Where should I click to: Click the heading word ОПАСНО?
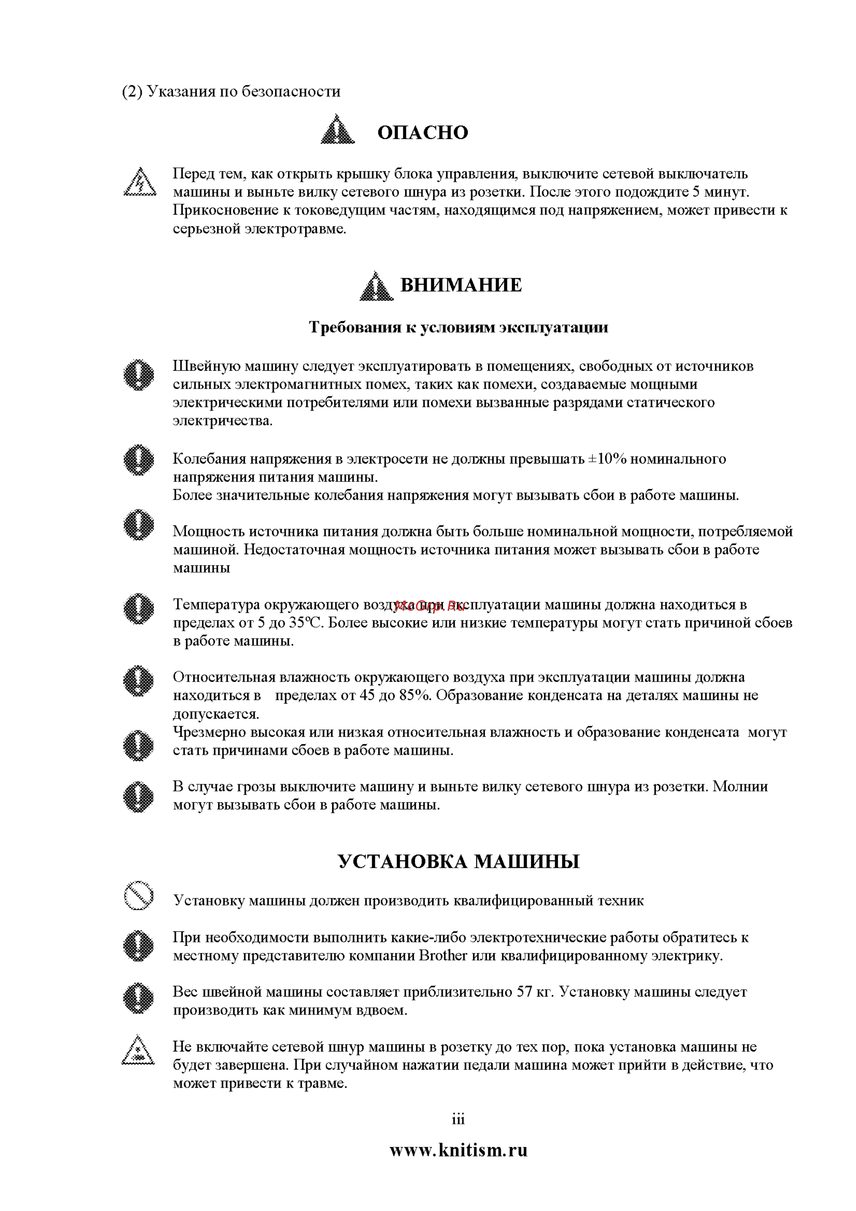pos(422,132)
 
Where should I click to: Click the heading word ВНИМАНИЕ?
pos(461,285)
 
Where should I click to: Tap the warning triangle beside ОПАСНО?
pos(338,130)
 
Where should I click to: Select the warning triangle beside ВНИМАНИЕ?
pos(376,286)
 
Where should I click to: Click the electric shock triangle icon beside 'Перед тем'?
pos(140,182)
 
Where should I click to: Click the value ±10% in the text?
pos(607,459)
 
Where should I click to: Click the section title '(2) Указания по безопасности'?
pos(231,91)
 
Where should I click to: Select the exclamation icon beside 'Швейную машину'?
pos(139,375)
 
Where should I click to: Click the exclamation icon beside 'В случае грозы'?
pos(139,796)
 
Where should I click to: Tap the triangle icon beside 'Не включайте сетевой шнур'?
pos(138,1050)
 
